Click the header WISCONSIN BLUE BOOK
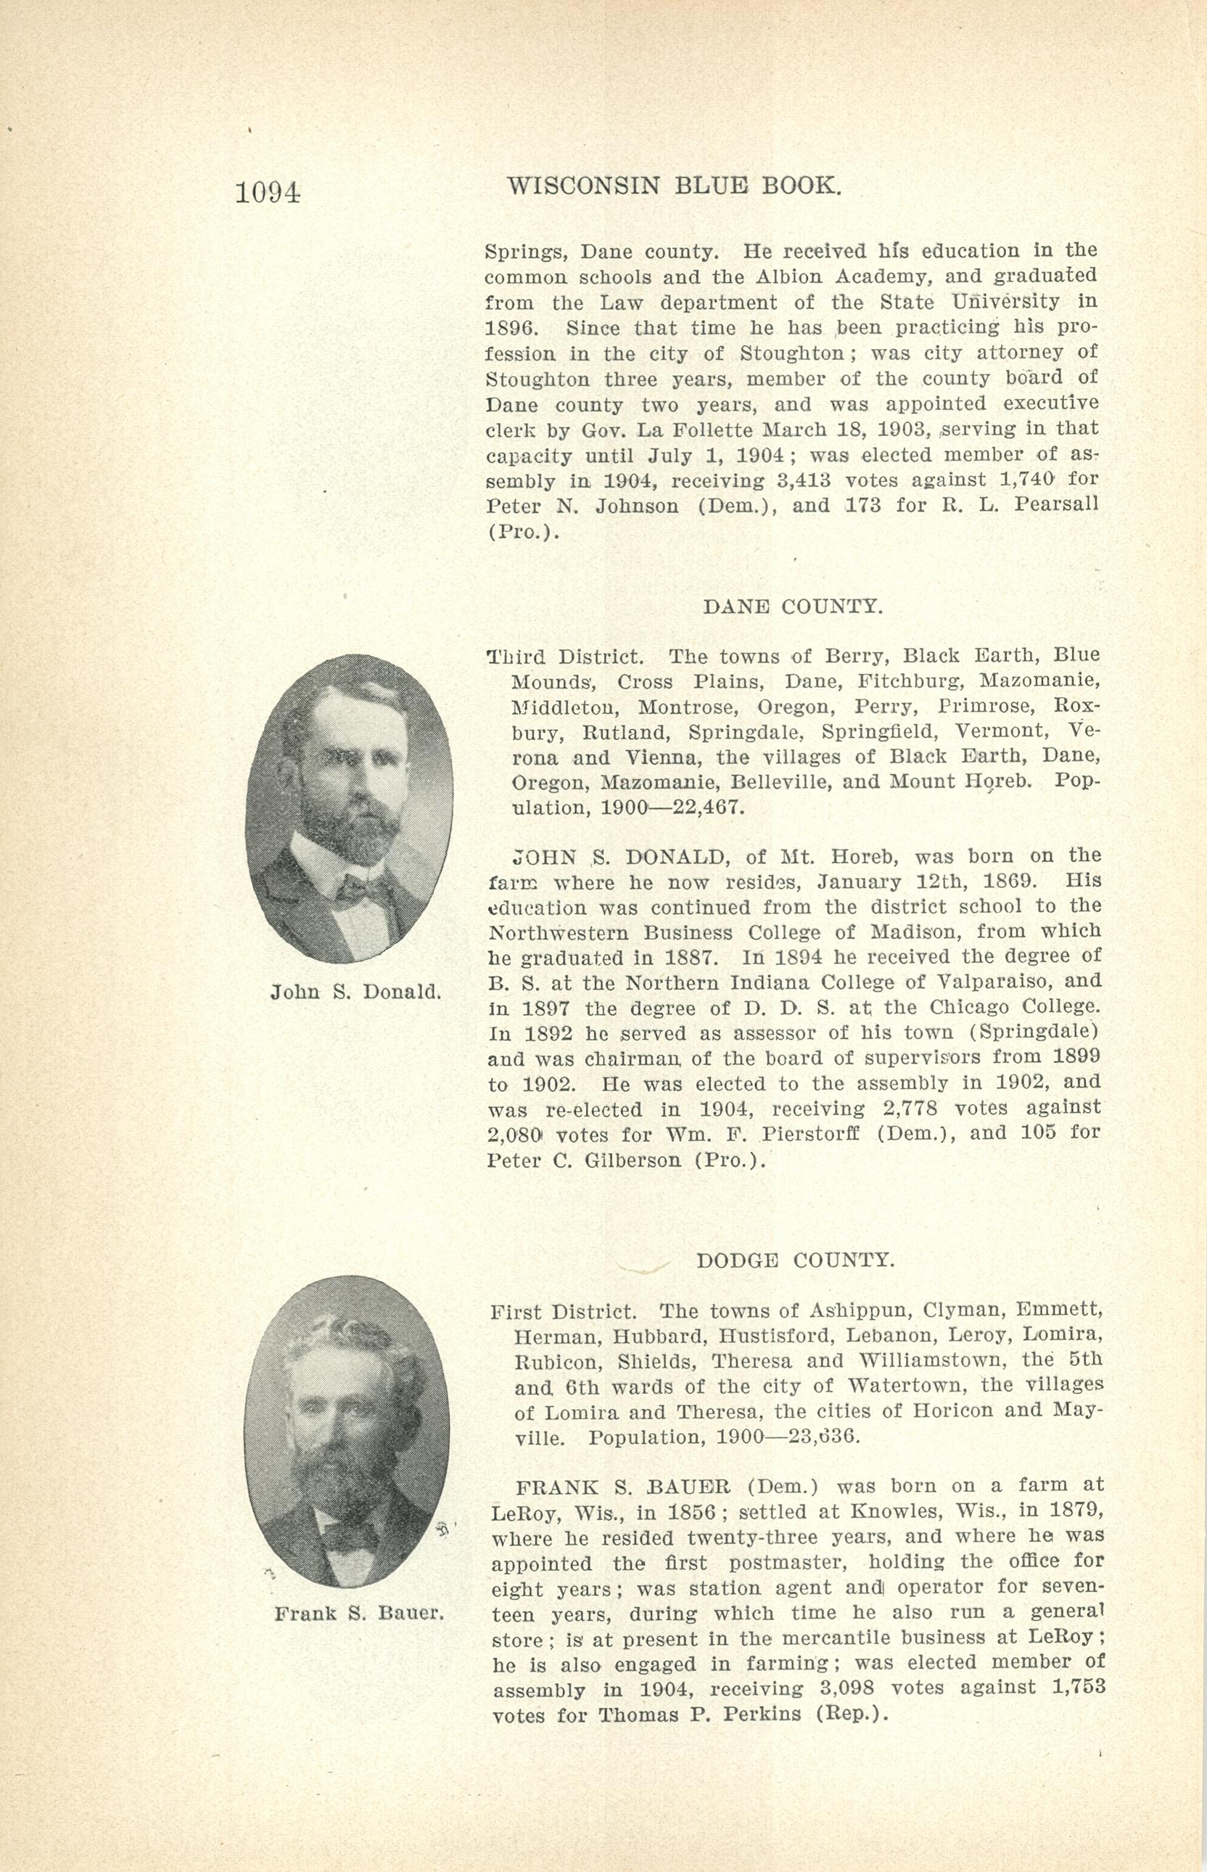click(674, 186)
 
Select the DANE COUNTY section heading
click(792, 607)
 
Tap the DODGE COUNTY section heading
click(795, 1260)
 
